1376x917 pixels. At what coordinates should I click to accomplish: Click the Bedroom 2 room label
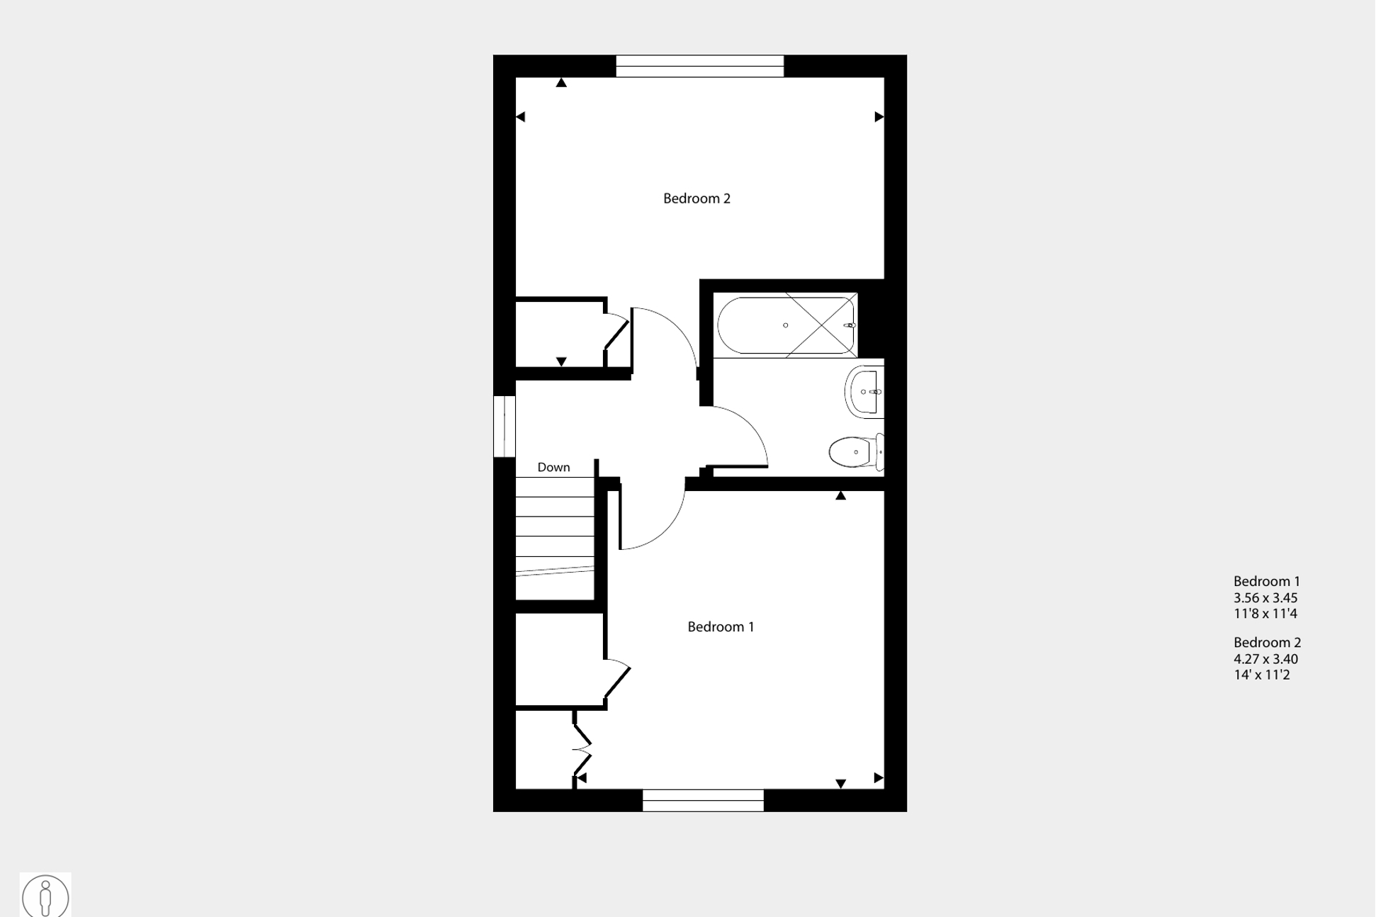tap(697, 198)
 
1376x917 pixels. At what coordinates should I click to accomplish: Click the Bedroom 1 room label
tap(721, 626)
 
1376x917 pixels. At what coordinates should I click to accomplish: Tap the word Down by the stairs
tap(553, 467)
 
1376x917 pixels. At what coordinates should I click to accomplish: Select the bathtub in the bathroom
tap(786, 325)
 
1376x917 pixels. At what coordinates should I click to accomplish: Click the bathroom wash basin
tap(864, 392)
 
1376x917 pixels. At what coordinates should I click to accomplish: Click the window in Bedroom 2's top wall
tap(700, 66)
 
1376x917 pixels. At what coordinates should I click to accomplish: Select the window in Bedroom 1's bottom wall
tap(703, 800)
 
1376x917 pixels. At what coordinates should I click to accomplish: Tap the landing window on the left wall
tap(504, 426)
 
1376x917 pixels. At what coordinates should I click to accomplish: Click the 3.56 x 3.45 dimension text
tap(1265, 597)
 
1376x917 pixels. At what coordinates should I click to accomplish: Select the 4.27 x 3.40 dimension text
tap(1265, 658)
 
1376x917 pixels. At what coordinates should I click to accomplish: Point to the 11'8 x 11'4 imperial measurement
tap(1265, 614)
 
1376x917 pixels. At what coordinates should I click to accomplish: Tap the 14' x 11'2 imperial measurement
tap(1262, 675)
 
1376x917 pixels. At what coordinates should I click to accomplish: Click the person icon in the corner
tap(45, 896)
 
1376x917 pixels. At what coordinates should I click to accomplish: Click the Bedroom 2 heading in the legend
tap(1267, 643)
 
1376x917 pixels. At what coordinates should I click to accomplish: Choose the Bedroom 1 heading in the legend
tap(1267, 582)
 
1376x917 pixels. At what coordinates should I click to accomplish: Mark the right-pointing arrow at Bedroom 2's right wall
tap(879, 117)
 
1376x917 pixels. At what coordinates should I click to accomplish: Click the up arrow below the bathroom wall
tap(841, 495)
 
